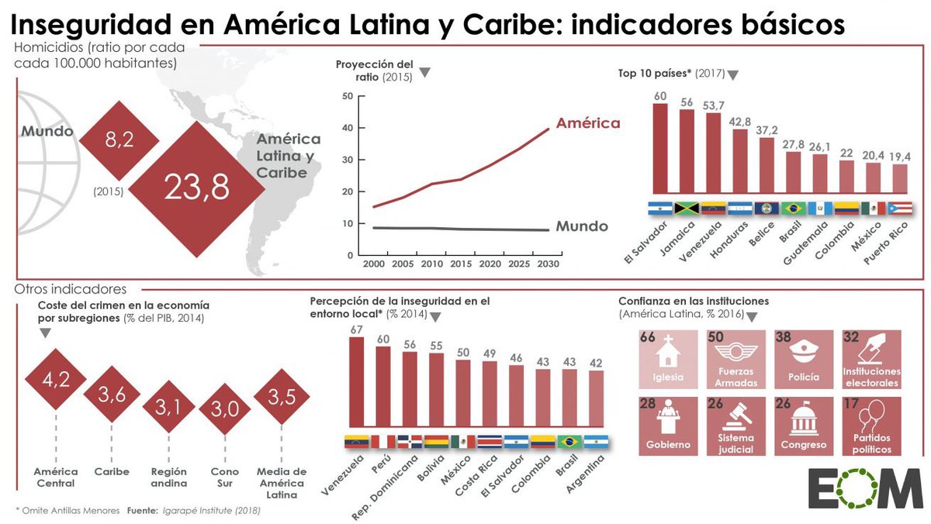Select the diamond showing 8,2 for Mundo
(x=120, y=139)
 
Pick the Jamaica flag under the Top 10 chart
(x=687, y=208)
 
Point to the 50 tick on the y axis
(x=347, y=96)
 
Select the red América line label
(x=588, y=122)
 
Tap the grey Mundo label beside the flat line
(x=582, y=227)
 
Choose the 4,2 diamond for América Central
(x=57, y=381)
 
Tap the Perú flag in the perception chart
(x=383, y=441)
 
